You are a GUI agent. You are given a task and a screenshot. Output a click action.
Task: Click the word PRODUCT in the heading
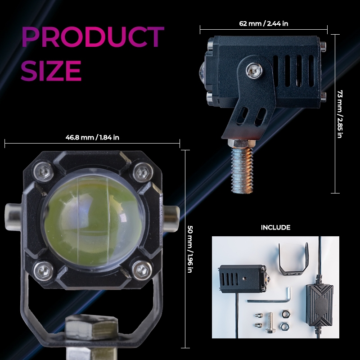point(93,37)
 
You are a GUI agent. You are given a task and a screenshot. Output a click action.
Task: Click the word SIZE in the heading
point(51,71)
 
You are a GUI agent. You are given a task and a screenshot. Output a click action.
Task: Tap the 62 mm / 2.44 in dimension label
point(264,24)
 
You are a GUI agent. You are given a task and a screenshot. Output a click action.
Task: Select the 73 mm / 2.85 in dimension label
point(340,114)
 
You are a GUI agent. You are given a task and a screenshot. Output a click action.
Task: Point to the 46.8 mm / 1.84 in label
point(92,138)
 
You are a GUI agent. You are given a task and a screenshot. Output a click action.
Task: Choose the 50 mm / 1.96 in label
point(190,249)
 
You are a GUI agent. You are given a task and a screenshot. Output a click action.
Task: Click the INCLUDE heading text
point(275,228)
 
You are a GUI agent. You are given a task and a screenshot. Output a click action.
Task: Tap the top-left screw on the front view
point(44,171)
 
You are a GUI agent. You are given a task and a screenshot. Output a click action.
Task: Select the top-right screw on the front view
point(143,172)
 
